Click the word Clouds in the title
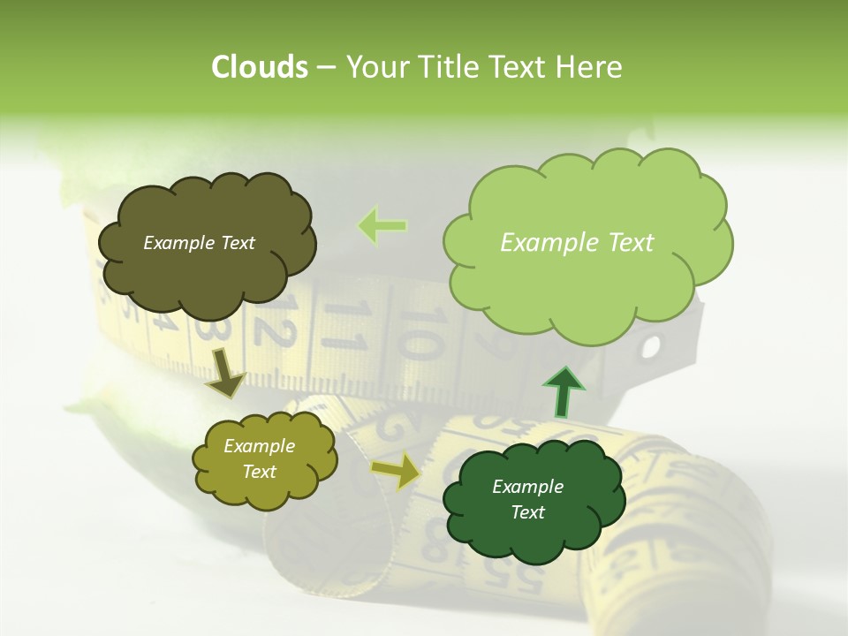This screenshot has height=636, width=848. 259,67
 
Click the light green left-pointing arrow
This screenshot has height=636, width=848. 382,226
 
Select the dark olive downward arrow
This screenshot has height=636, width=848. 224,371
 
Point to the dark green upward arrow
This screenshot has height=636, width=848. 563,392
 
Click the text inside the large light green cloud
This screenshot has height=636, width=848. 577,243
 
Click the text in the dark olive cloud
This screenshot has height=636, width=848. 200,243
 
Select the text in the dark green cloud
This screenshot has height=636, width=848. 527,499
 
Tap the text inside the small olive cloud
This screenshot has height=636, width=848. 259,458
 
